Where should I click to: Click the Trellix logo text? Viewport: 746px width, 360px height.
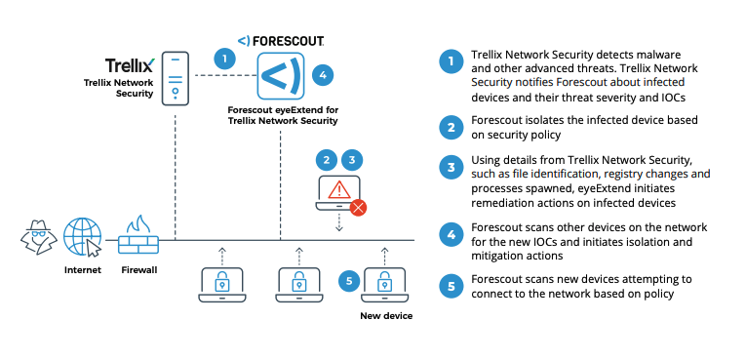click(129, 66)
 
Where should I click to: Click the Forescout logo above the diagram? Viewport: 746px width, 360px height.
click(282, 41)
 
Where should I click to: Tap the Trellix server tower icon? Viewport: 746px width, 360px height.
click(174, 78)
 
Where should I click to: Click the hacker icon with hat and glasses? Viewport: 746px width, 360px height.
click(36, 236)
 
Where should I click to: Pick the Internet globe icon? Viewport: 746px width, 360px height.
click(83, 236)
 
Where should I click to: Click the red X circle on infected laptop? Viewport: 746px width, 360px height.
click(358, 207)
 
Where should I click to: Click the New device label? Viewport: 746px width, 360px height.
click(385, 316)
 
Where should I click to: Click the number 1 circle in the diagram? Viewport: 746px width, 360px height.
click(225, 59)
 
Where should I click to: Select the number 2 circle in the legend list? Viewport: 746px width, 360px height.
click(450, 125)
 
